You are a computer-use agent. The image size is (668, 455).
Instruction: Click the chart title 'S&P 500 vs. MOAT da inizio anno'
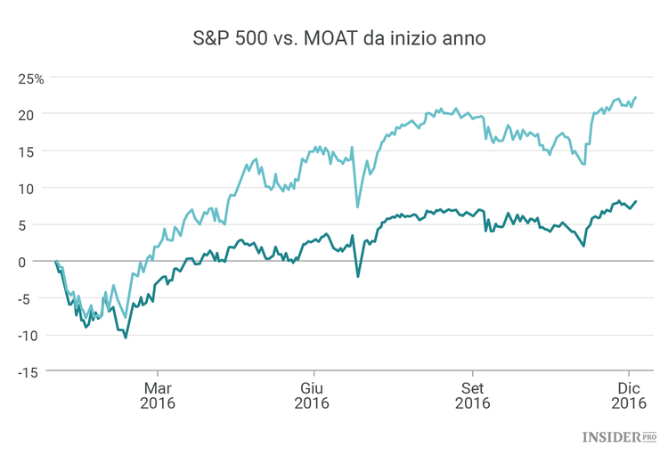click(333, 39)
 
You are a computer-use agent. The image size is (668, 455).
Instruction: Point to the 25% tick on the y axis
click(31, 77)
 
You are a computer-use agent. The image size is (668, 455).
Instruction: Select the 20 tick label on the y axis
click(26, 115)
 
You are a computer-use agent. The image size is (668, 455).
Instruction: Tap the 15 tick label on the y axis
click(26, 151)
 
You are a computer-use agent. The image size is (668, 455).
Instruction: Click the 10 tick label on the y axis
click(26, 188)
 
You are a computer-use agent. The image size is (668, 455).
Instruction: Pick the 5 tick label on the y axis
click(29, 224)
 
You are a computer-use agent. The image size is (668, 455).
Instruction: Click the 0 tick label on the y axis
click(29, 262)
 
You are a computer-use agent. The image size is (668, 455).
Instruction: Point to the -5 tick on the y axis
click(27, 298)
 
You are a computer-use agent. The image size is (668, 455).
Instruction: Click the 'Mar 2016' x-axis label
click(158, 395)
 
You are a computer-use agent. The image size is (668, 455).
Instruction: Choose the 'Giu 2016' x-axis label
click(312, 395)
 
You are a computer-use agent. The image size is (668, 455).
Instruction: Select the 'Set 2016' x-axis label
click(472, 395)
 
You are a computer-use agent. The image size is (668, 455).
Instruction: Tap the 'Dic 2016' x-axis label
click(629, 395)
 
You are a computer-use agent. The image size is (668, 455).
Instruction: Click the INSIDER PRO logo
click(619, 436)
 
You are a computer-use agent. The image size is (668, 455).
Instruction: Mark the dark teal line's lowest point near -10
click(126, 337)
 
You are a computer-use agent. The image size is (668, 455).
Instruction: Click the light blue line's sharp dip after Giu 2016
click(358, 207)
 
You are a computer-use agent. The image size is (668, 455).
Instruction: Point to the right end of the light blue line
click(636, 97)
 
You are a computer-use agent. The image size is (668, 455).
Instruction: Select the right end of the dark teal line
click(636, 201)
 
